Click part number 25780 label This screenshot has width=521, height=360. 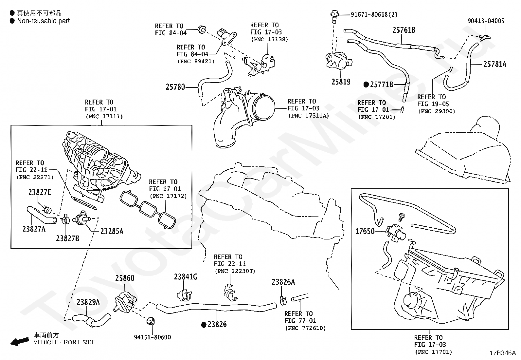click(175, 87)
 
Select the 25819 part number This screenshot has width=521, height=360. click(341, 82)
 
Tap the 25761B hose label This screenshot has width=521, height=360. click(404, 30)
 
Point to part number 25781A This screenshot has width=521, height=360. click(494, 64)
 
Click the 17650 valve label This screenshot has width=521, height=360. click(365, 232)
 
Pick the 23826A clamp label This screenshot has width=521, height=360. click(283, 282)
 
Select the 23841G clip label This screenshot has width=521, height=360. click(186, 277)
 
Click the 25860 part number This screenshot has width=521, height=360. click(125, 278)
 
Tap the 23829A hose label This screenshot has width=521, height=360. click(88, 302)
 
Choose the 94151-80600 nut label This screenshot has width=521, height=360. click(152, 337)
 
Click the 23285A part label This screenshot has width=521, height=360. click(112, 231)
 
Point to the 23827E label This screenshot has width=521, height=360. click(40, 192)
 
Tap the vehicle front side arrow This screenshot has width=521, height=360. click(19, 342)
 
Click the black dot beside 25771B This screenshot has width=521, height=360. click(366, 85)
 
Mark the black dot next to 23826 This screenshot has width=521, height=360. click(204, 325)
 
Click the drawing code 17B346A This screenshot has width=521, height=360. click(502, 353)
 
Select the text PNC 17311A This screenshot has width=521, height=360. click(308, 116)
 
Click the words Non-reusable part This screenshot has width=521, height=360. click(43, 21)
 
